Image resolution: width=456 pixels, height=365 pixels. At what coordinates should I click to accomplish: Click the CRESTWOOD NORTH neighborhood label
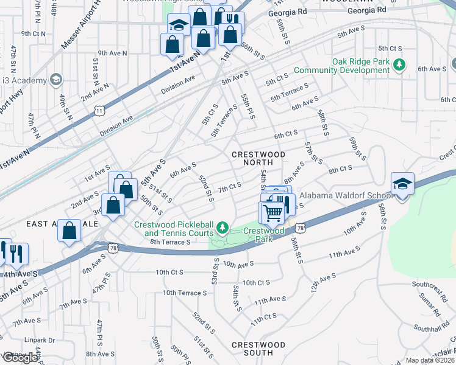pos(258,159)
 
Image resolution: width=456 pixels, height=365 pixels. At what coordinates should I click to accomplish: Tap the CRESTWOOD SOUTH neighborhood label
pos(258,349)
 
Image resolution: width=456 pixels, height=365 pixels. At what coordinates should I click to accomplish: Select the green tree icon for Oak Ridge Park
pos(400,64)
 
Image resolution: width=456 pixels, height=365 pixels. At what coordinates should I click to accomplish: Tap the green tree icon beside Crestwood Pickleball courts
pos(223,228)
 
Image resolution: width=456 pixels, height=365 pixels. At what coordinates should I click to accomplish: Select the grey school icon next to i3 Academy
pos(56,80)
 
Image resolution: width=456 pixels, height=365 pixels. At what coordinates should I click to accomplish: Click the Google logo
pos(20,358)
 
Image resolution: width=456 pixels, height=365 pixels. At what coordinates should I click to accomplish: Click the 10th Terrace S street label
pos(185,293)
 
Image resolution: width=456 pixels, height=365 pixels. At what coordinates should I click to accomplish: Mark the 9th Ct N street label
pos(34,33)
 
